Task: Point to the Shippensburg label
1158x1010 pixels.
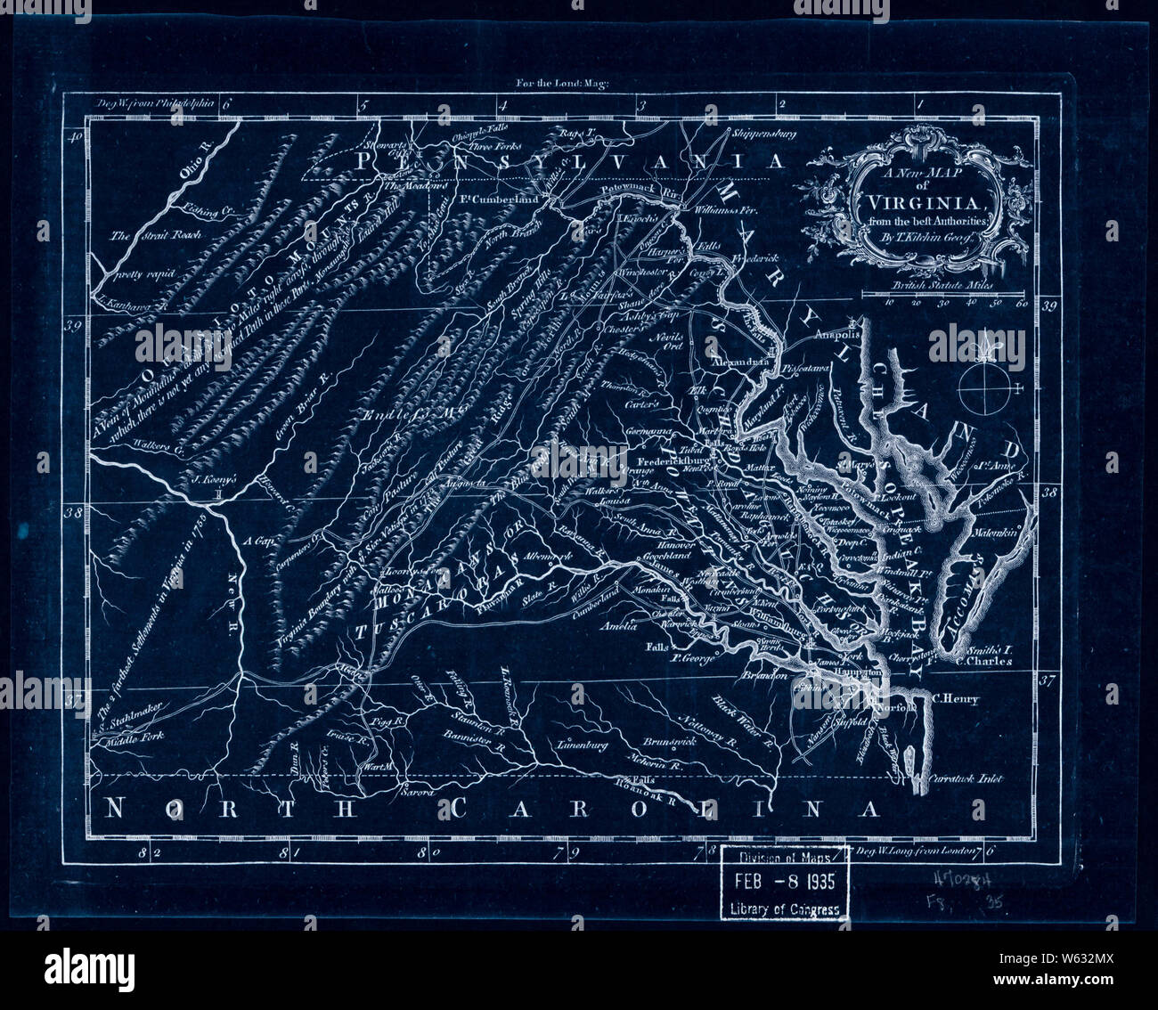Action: tap(762, 134)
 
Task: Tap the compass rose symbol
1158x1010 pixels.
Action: tap(984, 385)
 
